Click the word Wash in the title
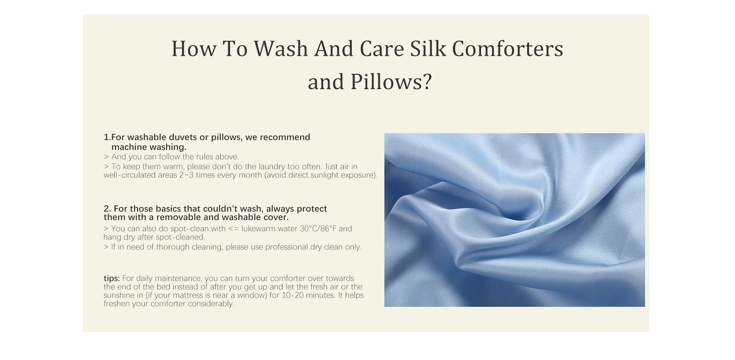pyautogui.click(x=281, y=49)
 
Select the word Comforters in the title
pyautogui.click(x=508, y=49)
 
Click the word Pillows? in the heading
pyautogui.click(x=391, y=81)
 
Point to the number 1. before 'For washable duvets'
pyautogui.click(x=107, y=137)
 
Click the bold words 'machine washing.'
pyautogui.click(x=149, y=147)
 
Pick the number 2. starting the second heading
pyautogui.click(x=108, y=209)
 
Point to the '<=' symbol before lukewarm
pyautogui.click(x=233, y=229)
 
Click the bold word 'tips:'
pyautogui.click(x=112, y=279)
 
